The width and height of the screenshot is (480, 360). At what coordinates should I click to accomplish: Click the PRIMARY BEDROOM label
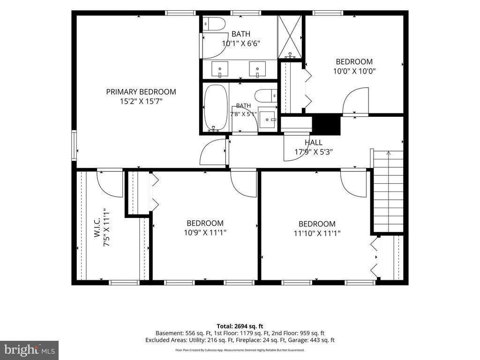(141, 92)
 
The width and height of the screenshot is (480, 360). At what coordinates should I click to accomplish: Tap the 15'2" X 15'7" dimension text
(141, 101)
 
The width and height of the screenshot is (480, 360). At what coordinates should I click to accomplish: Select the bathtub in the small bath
(216, 107)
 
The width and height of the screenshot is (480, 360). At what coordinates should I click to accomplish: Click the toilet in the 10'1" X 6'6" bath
(214, 24)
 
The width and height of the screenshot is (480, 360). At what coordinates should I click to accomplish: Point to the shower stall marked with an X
(290, 37)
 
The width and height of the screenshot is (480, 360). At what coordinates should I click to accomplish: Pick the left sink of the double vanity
(219, 69)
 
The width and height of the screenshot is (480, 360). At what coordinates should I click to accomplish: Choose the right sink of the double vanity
(257, 69)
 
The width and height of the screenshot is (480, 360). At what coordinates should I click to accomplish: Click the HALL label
(314, 142)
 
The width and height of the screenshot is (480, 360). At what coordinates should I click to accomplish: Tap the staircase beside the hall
(388, 191)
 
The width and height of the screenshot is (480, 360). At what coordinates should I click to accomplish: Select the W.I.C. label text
(97, 227)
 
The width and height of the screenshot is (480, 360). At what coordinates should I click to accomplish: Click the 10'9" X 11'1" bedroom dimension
(205, 232)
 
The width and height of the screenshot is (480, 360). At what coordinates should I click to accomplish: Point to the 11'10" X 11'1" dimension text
(317, 233)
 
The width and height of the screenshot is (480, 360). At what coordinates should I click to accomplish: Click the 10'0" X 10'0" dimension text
(354, 71)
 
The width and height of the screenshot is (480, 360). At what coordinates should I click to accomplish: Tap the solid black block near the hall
(326, 124)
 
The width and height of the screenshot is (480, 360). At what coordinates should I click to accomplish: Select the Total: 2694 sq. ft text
(240, 326)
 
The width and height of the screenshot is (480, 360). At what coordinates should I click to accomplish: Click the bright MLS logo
(30, 349)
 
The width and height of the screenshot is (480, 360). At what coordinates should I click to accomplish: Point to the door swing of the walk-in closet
(110, 184)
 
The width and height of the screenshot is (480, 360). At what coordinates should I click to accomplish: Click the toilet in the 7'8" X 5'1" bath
(266, 96)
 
